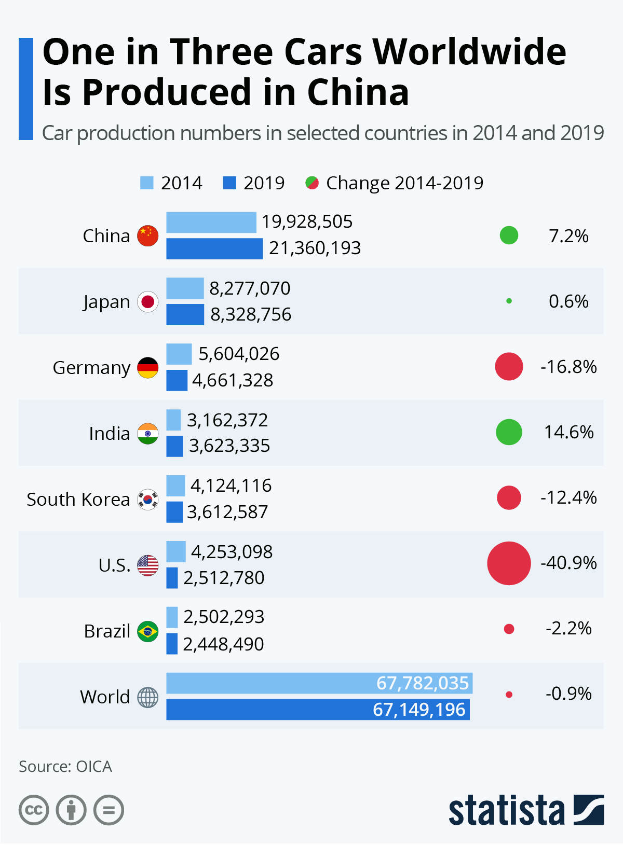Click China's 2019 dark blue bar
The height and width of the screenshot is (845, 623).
pos(214,248)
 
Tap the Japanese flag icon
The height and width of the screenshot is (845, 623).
pos(148,301)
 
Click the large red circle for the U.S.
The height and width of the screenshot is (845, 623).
pos(509,563)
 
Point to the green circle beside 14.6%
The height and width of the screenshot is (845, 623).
pos(509,432)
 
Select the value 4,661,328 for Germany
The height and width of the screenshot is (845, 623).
pos(233,380)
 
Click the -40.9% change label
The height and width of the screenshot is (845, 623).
pos(568,563)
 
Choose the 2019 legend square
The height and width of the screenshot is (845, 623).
pos(229,183)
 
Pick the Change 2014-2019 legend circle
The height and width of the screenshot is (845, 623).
pos(312,183)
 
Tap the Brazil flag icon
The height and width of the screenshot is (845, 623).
pos(148,631)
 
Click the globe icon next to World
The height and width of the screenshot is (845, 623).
pos(148,697)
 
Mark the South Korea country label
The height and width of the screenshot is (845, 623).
pos(78,499)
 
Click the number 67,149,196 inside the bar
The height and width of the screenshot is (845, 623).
pos(419,710)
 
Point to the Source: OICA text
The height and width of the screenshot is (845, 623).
pos(65,767)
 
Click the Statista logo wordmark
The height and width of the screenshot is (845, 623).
pos(506,810)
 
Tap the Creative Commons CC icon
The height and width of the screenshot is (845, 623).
pos(34,810)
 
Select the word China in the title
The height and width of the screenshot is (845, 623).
pos(358,92)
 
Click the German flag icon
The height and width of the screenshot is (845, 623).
pos(148,367)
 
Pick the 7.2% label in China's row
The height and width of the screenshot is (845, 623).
pos(568,236)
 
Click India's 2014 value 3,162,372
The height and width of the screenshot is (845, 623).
pos(227,420)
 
